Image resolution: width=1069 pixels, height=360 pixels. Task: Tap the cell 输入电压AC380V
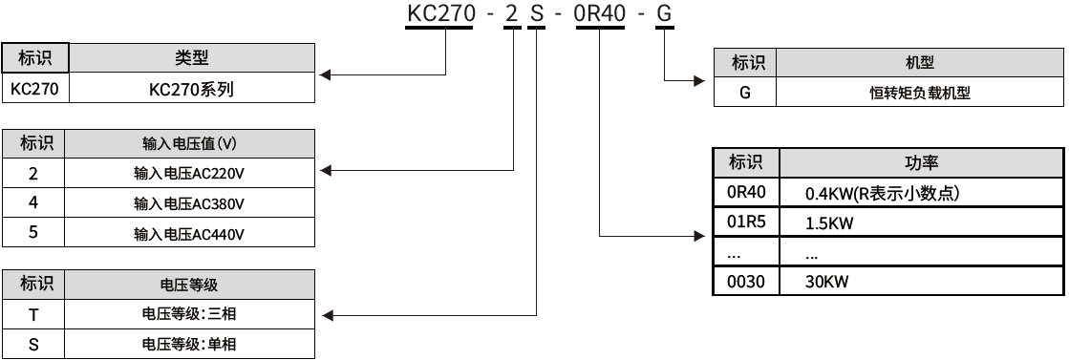tap(191, 203)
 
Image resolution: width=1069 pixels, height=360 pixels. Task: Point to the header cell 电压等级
tap(191, 285)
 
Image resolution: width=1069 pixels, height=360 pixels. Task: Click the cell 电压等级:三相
tap(191, 313)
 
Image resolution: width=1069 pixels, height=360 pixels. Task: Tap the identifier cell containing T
tap(34, 313)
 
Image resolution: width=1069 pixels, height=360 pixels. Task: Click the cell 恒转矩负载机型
tap(920, 93)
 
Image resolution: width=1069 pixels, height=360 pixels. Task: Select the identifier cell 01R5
tap(746, 222)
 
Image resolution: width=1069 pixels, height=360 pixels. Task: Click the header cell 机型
tap(920, 63)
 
